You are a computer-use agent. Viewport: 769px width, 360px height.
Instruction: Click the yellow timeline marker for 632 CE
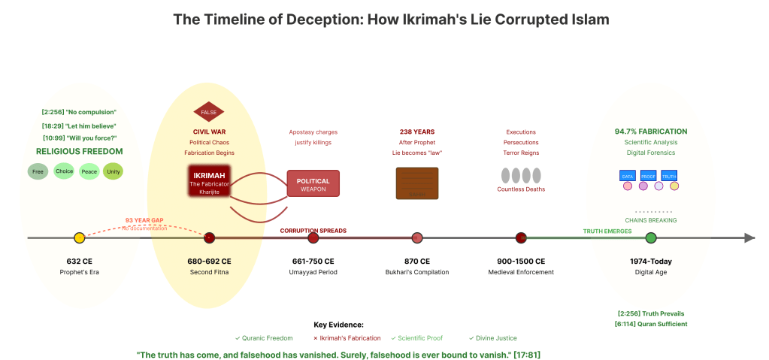[80, 238]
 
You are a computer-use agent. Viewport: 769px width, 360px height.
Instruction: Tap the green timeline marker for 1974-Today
[651, 238]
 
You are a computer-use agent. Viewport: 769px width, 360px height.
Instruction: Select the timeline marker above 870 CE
[417, 238]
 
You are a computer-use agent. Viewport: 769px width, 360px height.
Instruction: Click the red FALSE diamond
[209, 112]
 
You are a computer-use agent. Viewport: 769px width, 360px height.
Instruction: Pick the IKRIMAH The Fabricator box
[209, 181]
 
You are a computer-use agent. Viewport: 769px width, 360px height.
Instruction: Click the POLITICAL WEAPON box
[313, 184]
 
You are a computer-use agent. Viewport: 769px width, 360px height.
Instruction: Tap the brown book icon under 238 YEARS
[416, 183]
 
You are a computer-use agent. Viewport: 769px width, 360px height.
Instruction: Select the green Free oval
[38, 171]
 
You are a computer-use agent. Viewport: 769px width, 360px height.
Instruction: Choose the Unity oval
[113, 171]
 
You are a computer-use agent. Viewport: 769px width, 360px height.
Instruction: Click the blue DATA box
[627, 176]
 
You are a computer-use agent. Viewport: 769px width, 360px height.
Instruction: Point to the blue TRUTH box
[669, 176]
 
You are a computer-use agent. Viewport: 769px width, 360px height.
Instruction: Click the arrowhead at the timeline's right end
[749, 238]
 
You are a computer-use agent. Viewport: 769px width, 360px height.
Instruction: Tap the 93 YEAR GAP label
[144, 220]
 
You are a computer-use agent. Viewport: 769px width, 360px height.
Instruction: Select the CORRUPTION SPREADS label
[313, 231]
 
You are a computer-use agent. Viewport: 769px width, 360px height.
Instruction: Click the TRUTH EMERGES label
[607, 231]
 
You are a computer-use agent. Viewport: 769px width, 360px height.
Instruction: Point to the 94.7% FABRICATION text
[651, 132]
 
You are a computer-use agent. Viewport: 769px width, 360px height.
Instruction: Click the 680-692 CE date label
[209, 261]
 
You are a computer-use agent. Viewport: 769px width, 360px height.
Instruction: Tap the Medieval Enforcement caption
[521, 272]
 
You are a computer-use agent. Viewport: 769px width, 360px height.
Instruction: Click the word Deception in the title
[323, 19]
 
